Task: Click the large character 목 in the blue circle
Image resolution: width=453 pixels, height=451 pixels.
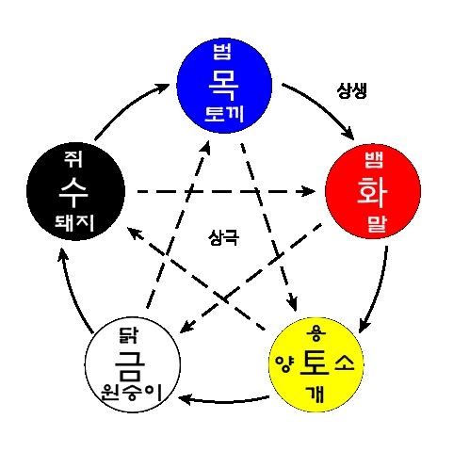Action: click(223, 85)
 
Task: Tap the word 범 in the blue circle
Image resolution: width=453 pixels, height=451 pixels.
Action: click(222, 52)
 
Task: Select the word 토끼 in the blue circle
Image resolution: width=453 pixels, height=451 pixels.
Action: click(224, 114)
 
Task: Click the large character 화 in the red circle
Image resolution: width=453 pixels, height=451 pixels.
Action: click(372, 191)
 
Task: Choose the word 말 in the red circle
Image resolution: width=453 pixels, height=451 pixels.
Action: click(377, 223)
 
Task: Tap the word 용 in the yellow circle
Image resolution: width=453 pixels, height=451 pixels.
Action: click(316, 334)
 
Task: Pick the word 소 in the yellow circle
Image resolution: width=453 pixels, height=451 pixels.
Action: click(345, 362)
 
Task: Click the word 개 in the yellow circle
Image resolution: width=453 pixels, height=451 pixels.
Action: click(315, 395)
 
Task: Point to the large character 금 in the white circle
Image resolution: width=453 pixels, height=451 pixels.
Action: click(130, 364)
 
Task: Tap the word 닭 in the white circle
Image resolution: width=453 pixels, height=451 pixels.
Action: click(128, 335)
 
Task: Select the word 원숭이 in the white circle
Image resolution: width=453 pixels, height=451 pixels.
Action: click(131, 393)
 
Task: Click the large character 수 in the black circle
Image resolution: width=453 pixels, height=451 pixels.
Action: click(73, 191)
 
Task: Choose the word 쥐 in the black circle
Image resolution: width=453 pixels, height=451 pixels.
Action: click(73, 159)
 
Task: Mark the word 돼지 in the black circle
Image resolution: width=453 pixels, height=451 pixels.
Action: click(74, 223)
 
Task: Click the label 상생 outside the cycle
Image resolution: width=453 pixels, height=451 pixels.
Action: click(352, 91)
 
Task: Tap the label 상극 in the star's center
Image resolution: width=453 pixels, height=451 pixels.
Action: click(223, 237)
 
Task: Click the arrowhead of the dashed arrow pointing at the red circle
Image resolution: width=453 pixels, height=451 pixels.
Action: click(308, 191)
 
